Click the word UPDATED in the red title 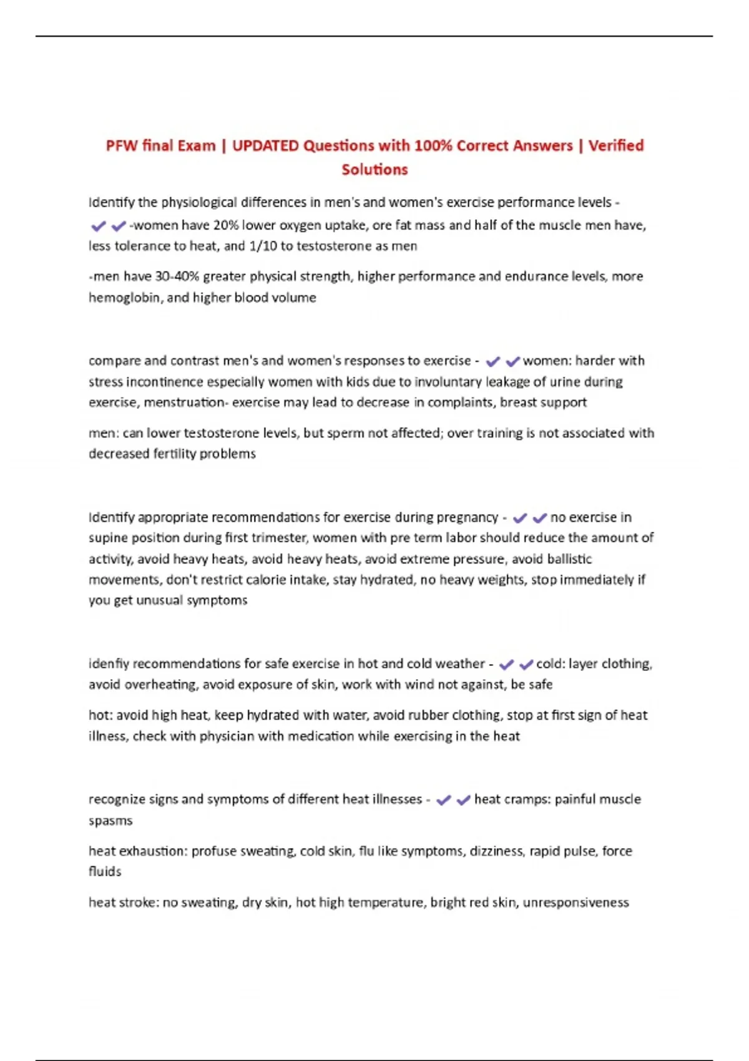(265, 145)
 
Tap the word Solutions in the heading (374, 169)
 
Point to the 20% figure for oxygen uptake (226, 225)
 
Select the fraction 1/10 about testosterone (263, 246)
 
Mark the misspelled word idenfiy (109, 663)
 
